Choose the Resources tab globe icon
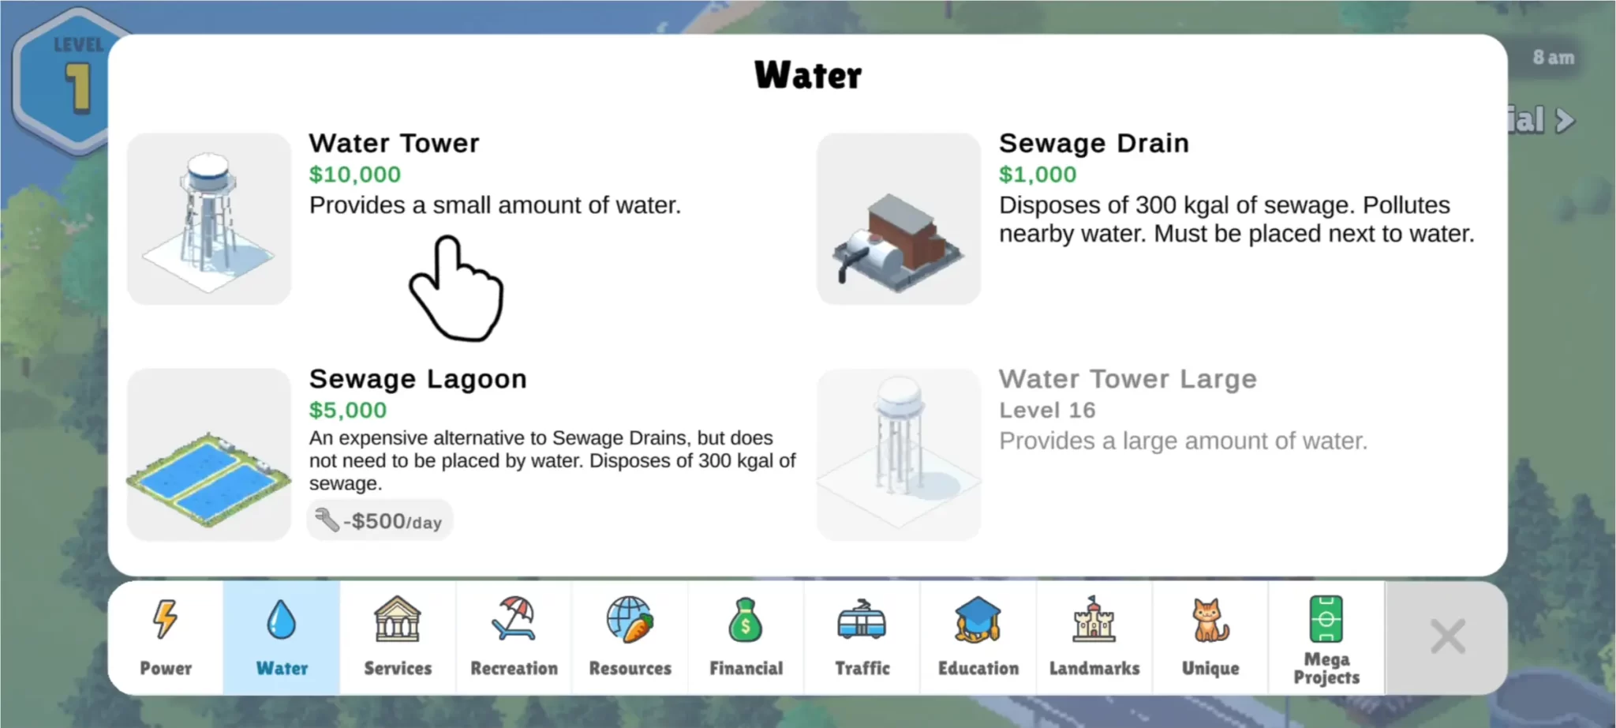pos(630,618)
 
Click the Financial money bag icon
pos(746,620)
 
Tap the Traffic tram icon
pos(862,619)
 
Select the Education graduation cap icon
pos(978,619)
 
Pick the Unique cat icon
pos(1210,620)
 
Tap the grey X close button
pos(1448,636)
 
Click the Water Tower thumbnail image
pos(209,219)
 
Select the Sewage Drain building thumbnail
pos(899,219)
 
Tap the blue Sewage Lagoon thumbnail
pos(209,455)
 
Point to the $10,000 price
pos(355,174)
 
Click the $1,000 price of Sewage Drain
pos(1038,174)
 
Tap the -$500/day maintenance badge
pos(380,520)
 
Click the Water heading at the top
pos(808,76)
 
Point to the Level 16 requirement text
pos(1047,410)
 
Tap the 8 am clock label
pos(1553,58)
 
